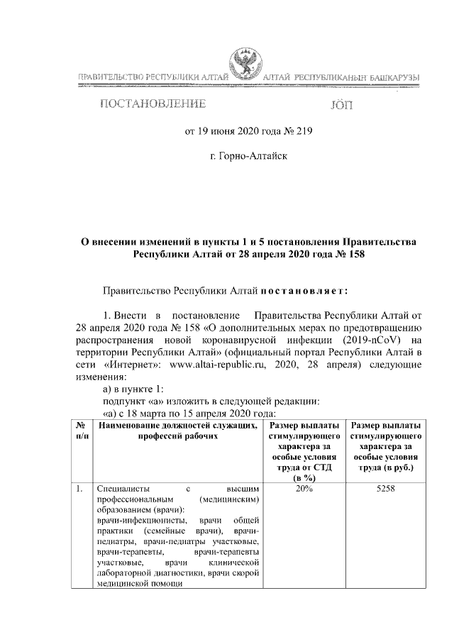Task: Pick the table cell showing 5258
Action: coord(386,489)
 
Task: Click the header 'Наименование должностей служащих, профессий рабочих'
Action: coord(178,431)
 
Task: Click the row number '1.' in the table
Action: coord(80,489)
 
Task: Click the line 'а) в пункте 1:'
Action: coord(133,389)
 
